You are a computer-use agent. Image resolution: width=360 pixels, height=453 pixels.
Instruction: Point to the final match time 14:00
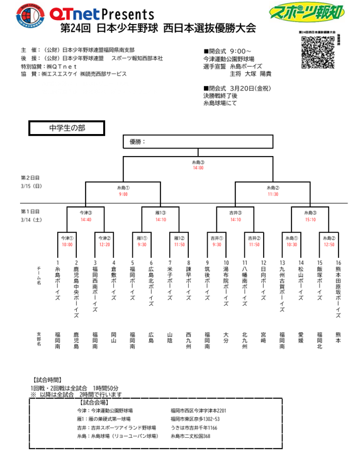[x=198, y=168]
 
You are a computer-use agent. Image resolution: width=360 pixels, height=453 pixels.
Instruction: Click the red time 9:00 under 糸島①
[x=123, y=194]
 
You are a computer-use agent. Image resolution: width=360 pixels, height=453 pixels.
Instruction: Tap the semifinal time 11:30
[x=273, y=194]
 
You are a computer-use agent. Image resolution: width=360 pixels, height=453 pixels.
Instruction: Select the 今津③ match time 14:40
[x=86, y=220]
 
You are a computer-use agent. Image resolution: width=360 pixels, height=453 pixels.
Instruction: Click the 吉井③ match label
[x=235, y=213]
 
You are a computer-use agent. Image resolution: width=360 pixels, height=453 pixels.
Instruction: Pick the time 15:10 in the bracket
[x=310, y=220]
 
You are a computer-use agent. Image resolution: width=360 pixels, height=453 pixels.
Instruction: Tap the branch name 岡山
[x=114, y=338]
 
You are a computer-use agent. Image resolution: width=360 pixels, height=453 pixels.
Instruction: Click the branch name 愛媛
[x=301, y=338]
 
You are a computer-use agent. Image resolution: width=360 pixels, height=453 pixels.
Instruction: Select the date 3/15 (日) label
[x=31, y=186]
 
